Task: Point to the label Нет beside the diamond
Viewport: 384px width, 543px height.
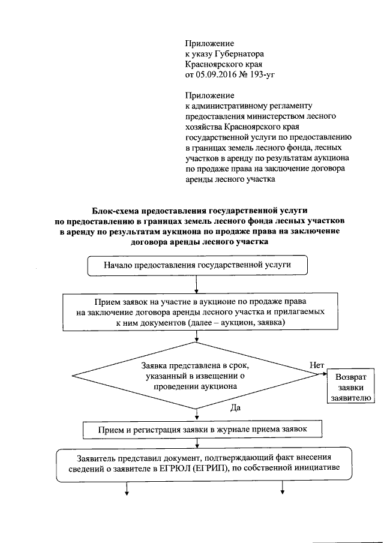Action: [317, 365]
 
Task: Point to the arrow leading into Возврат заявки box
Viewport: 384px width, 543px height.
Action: [321, 376]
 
